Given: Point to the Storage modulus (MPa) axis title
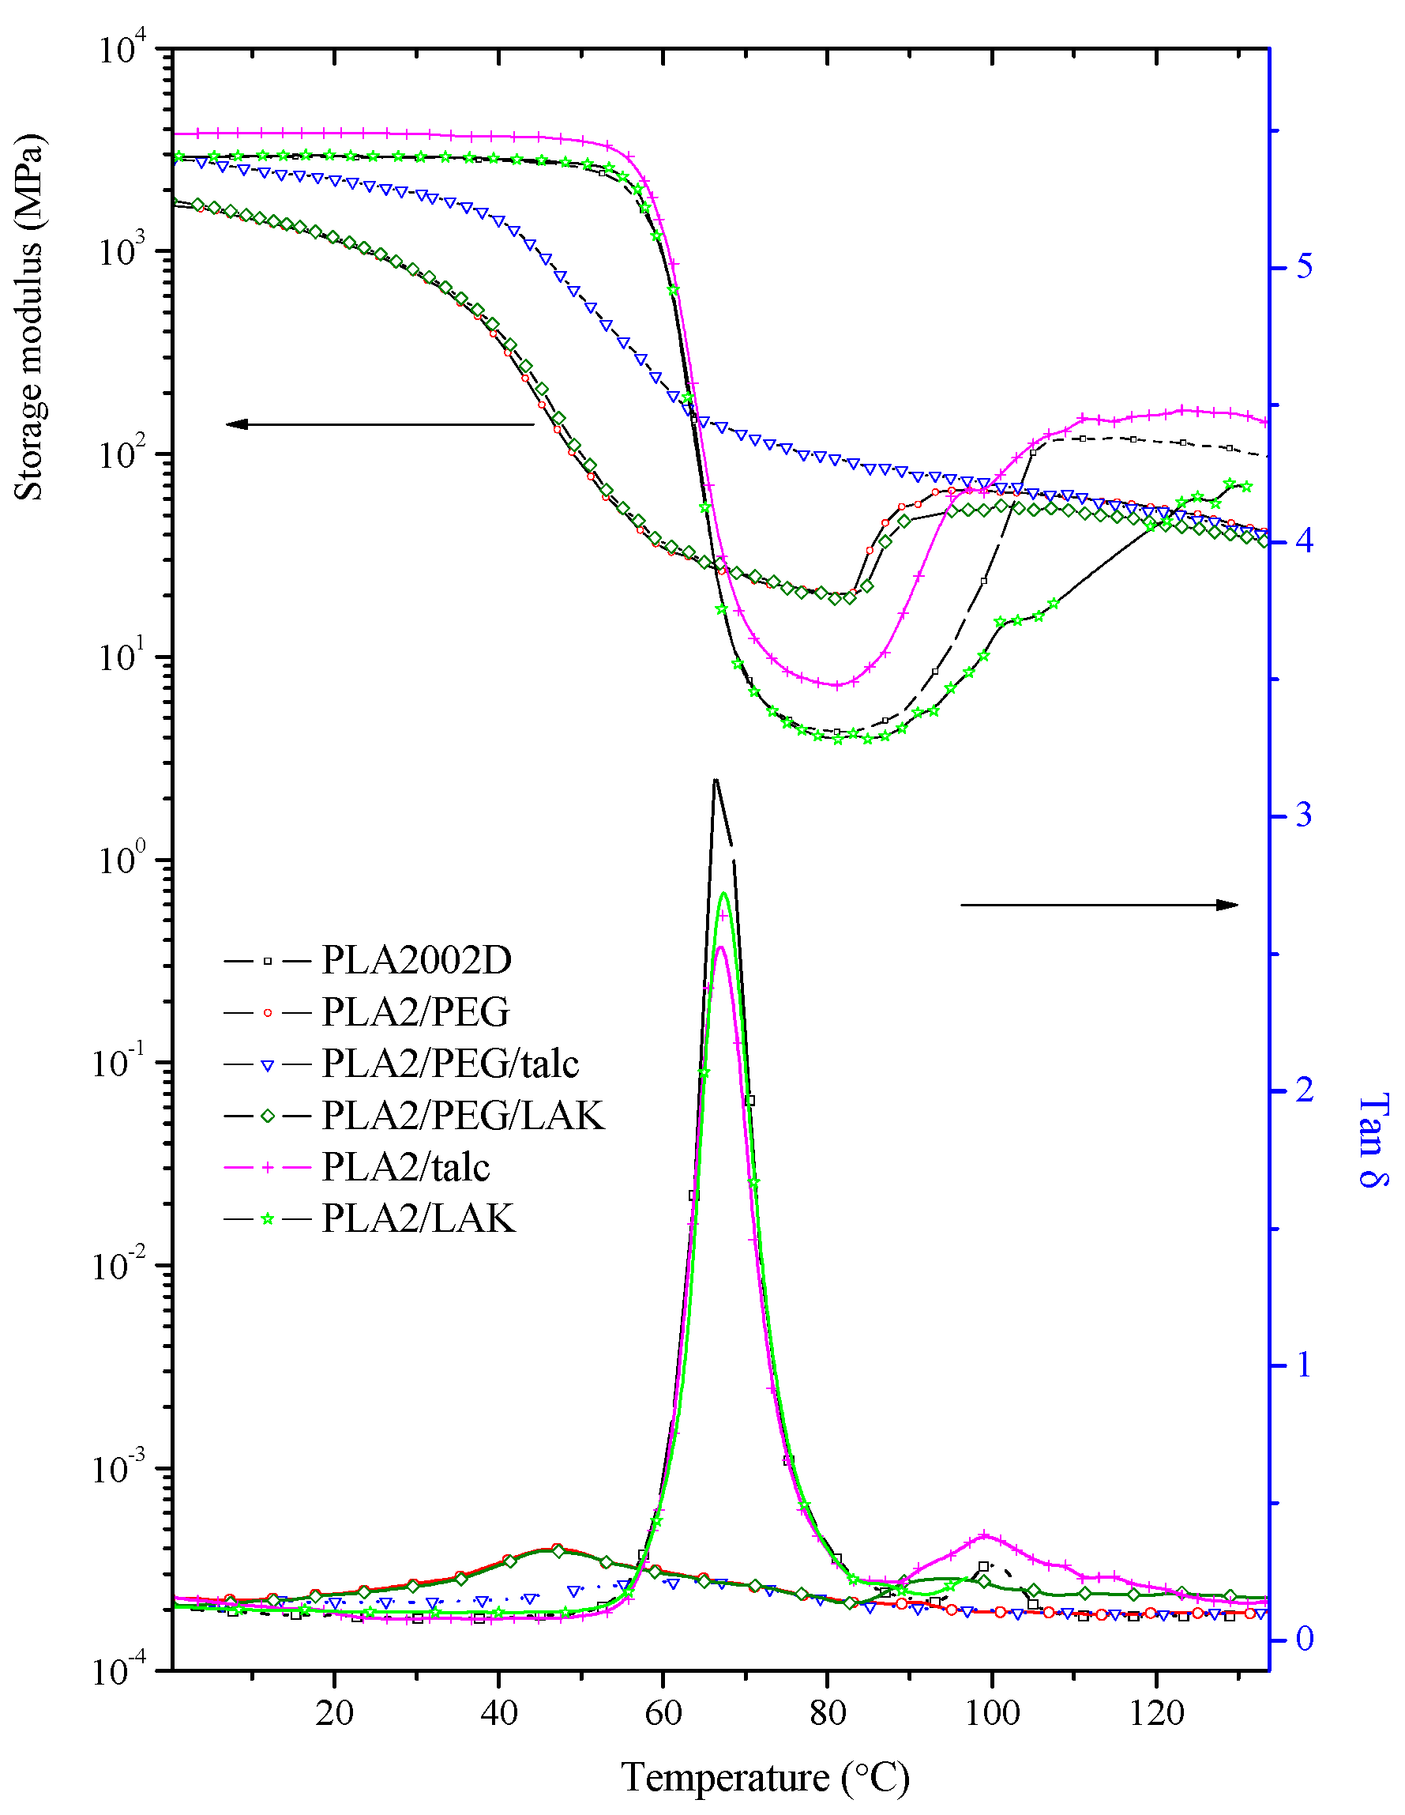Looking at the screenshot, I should (29, 318).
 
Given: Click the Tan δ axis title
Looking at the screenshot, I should (1372, 1140).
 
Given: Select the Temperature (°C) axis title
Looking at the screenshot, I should (765, 1778).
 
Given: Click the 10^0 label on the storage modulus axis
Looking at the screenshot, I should (122, 858).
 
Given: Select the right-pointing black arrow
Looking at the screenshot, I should (1099, 905).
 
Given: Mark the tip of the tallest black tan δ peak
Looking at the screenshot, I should (715, 778).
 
